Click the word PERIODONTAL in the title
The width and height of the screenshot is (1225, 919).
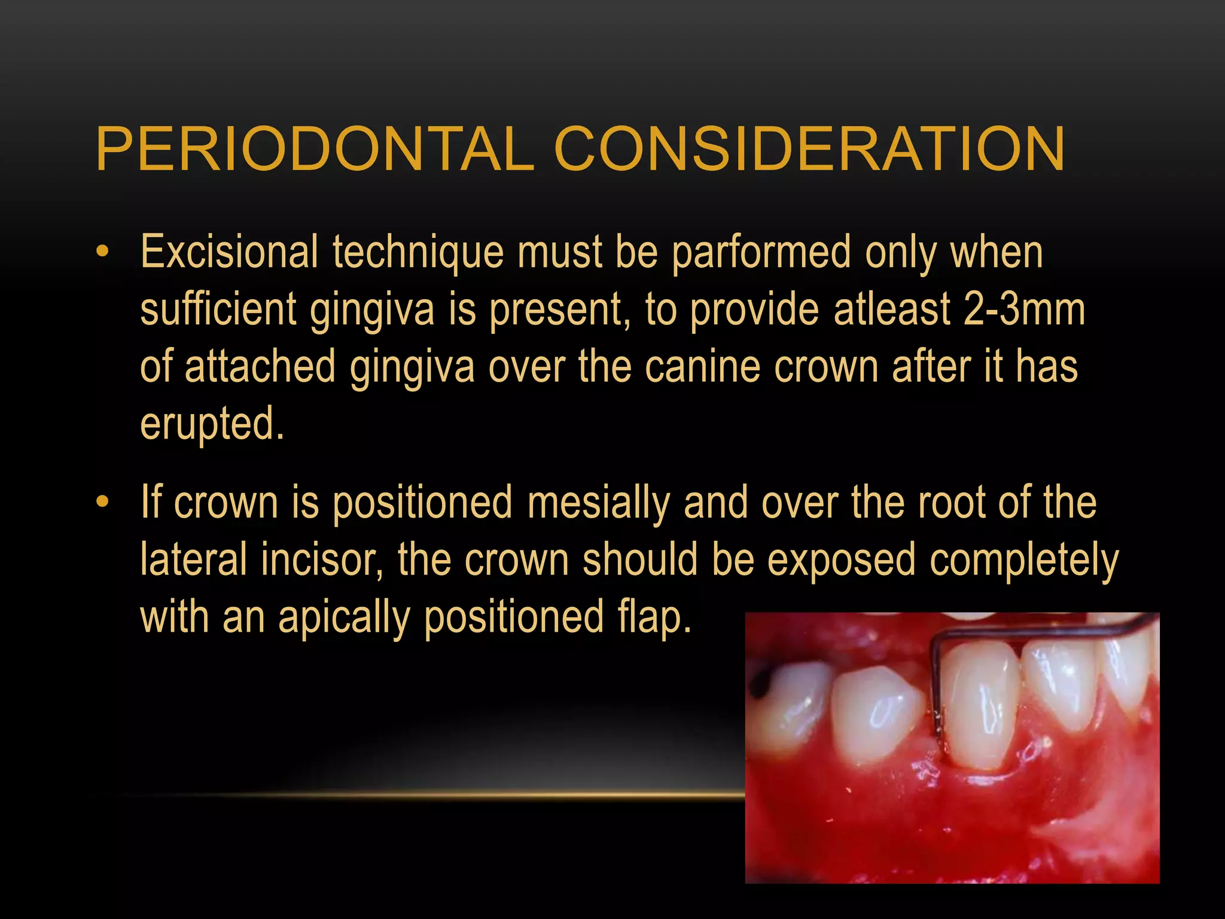pos(315,149)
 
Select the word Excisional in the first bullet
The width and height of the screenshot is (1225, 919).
pos(229,252)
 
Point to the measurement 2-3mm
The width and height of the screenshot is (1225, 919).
pos(1025,310)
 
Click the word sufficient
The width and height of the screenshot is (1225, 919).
pos(218,310)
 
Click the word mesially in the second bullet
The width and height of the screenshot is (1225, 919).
pos(598,503)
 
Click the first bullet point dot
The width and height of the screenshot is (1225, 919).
pos(103,252)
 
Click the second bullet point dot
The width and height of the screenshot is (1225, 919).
pos(103,502)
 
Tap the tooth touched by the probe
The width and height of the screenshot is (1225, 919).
pos(981,706)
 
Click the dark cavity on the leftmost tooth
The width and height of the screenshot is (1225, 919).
pos(761,682)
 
